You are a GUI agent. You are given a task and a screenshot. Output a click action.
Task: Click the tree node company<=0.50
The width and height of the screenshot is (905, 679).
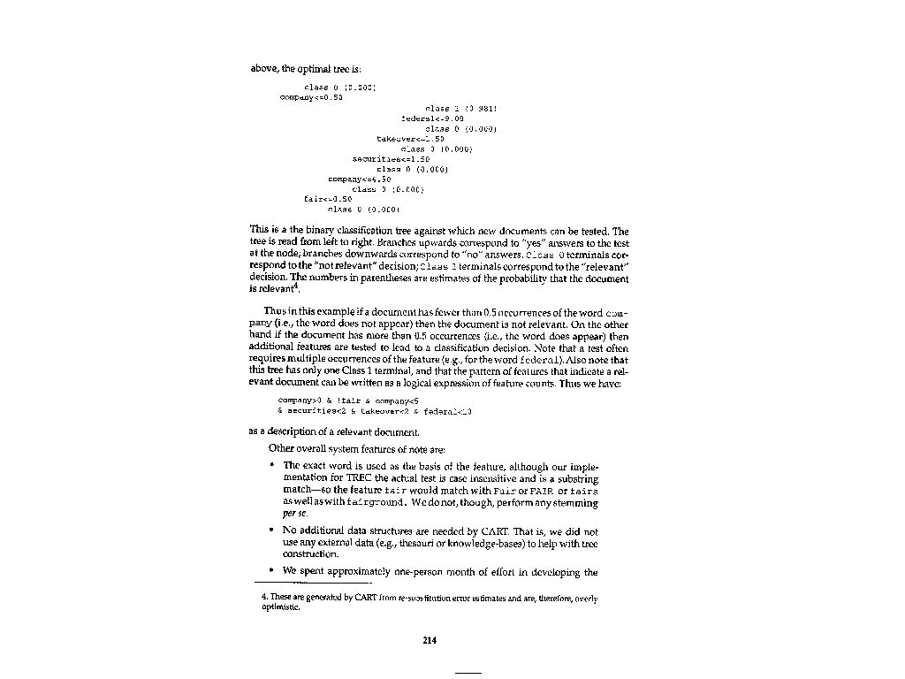click(311, 97)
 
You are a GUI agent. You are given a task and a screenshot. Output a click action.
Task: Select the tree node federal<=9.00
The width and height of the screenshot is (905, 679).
click(427, 118)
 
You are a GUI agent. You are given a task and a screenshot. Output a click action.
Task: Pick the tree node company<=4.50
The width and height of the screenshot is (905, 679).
click(360, 179)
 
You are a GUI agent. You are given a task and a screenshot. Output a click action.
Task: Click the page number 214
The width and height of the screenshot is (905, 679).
click(430, 639)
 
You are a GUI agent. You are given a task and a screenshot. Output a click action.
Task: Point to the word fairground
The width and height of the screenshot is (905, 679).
click(365, 502)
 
